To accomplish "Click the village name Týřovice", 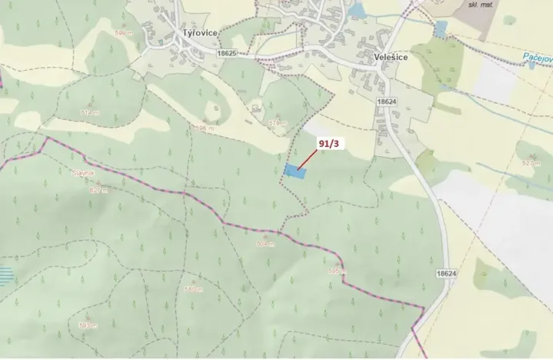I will click(x=199, y=33).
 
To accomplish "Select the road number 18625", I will click(x=227, y=54).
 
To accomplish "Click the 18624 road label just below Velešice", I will click(x=387, y=101).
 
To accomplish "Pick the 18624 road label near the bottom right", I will click(x=446, y=274).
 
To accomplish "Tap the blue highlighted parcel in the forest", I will click(x=294, y=172).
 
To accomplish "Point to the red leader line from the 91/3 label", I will click(x=308, y=159).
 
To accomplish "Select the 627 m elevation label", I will click(x=99, y=189).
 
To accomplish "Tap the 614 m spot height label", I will click(x=91, y=112).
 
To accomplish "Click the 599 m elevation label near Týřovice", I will click(x=122, y=33).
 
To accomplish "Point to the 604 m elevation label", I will click(x=265, y=243).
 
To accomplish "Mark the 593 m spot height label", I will click(x=88, y=325).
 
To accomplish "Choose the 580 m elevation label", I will click(x=193, y=289).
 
